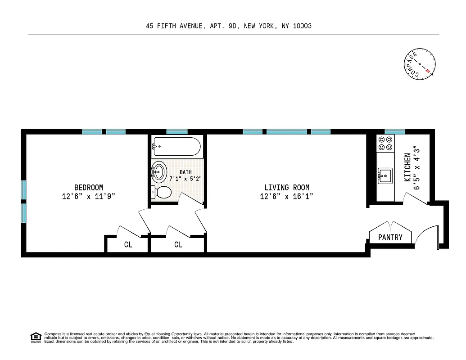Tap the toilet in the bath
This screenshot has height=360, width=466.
tap(161, 193)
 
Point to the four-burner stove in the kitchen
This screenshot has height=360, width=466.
tap(385, 143)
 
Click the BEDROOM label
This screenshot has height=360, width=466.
tap(89, 188)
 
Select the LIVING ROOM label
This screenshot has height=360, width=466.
tap(287, 188)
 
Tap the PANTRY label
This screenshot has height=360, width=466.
tap(390, 237)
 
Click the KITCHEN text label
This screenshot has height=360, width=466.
tap(407, 167)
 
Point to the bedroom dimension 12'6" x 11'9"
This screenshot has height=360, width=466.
tap(89, 196)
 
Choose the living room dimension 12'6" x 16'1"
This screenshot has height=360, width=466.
tap(287, 196)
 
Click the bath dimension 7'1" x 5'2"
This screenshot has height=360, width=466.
tap(185, 179)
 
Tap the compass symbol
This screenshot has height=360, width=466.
tap(420, 65)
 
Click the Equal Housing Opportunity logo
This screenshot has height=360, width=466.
tap(36, 337)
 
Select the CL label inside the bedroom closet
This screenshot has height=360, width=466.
tap(128, 245)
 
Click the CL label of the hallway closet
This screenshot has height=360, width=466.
tap(178, 245)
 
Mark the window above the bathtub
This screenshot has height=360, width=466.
tap(177, 132)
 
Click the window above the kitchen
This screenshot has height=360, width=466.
tap(395, 132)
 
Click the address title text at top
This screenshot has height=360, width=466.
tap(229, 26)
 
